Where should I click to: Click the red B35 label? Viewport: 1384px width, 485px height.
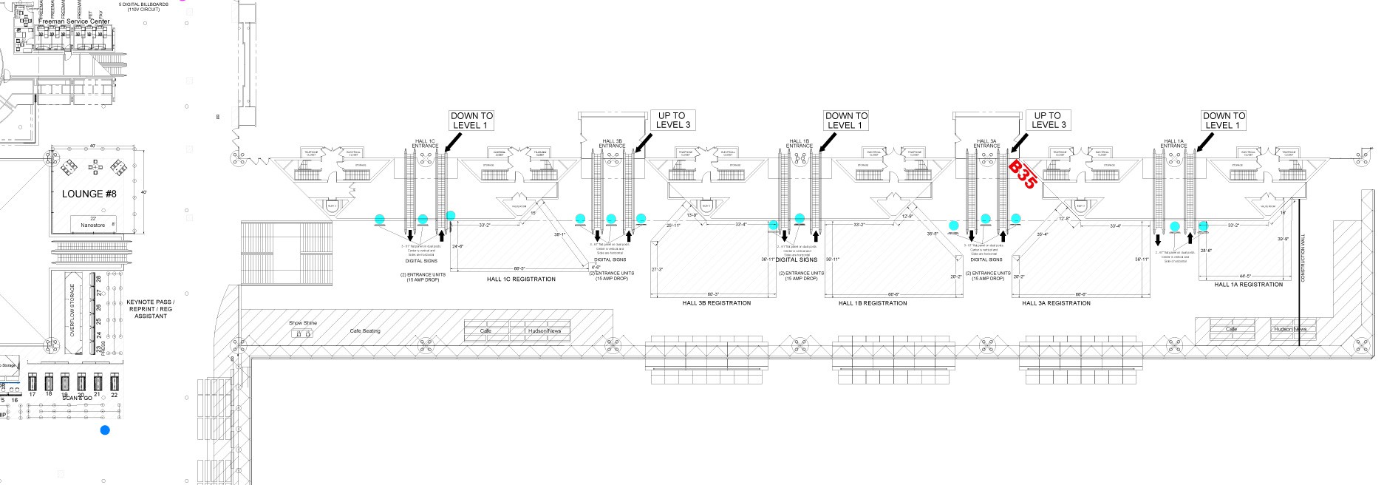[x=1023, y=175]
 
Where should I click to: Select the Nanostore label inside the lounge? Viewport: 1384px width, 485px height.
[x=93, y=224]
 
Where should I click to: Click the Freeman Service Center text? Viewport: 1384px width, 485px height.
[x=74, y=21]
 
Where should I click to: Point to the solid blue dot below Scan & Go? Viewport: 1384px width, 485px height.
[x=105, y=430]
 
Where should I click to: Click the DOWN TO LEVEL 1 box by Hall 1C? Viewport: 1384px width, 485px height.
[x=471, y=121]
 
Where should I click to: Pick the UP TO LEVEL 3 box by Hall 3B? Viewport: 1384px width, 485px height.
[x=672, y=121]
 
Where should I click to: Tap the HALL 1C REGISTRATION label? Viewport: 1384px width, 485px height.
[x=521, y=279]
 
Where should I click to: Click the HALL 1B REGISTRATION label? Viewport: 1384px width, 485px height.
[x=873, y=303]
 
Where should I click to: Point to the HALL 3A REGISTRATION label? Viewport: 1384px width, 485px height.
[x=1056, y=303]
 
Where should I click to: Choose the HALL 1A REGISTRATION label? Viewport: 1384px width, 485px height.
[x=1249, y=285]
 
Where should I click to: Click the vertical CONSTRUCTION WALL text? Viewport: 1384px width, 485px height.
[x=1303, y=257]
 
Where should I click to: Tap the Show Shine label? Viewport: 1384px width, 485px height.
[x=303, y=323]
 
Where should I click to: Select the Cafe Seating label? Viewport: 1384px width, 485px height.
[x=365, y=330]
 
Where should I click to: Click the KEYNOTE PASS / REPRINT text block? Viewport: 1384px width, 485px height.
[x=151, y=309]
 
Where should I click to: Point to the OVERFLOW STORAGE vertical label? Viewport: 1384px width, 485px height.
[x=72, y=311]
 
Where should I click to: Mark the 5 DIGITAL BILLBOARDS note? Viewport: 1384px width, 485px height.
[x=143, y=7]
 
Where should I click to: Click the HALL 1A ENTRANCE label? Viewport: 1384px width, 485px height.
[x=1173, y=143]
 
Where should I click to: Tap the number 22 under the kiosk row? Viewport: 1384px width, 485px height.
[x=115, y=395]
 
